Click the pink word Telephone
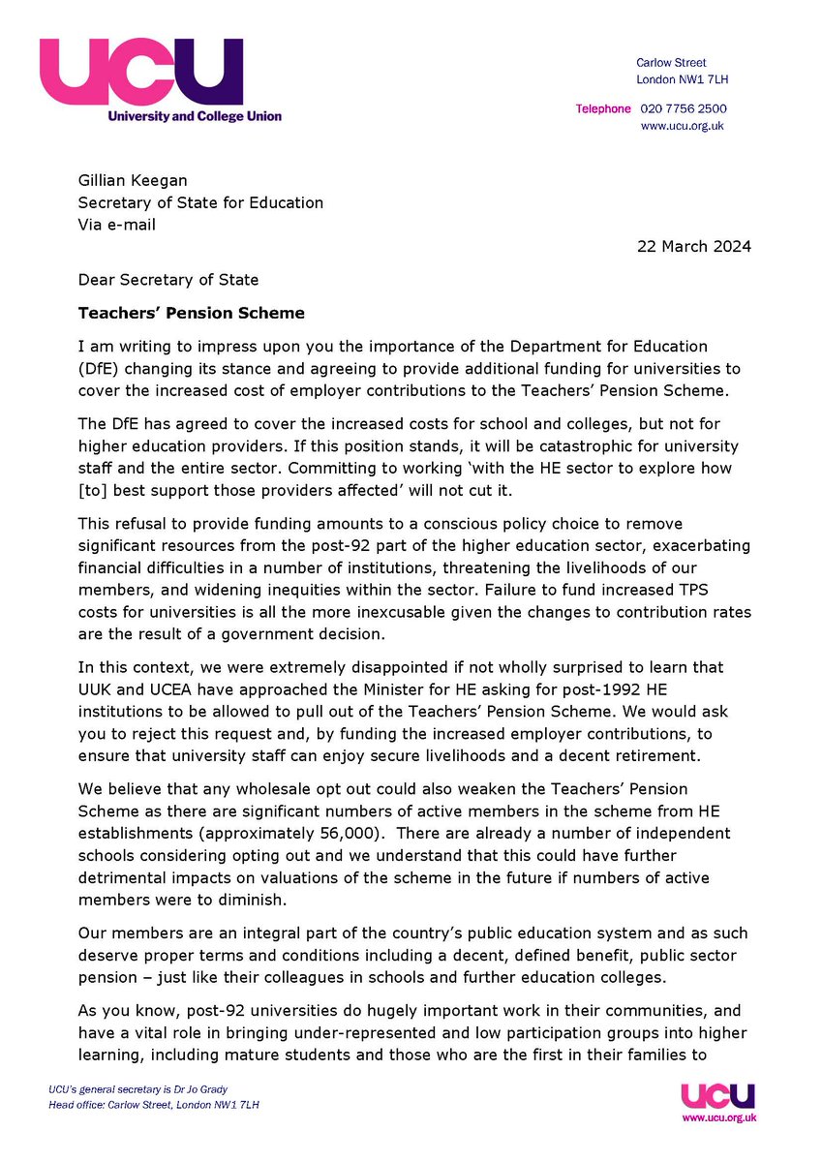click(x=603, y=109)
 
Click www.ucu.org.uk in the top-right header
click(x=683, y=126)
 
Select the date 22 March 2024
click(x=693, y=246)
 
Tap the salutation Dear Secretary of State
click(x=169, y=280)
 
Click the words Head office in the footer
click(x=77, y=1105)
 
